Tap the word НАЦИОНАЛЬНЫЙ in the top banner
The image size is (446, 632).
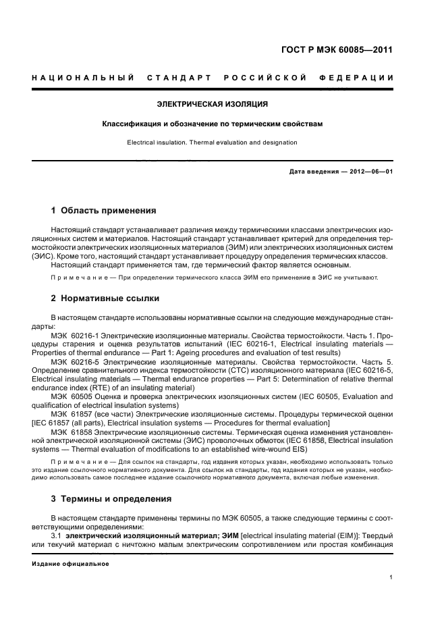point(82,78)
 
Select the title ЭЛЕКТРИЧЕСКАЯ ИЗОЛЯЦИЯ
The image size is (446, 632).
point(213,105)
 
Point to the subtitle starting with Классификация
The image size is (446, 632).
point(213,124)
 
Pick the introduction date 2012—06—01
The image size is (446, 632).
point(369,172)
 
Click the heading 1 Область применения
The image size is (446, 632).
point(104,211)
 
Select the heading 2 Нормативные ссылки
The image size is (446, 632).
point(106,298)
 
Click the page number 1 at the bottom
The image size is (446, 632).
point(391,577)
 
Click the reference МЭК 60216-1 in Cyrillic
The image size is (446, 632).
point(74,336)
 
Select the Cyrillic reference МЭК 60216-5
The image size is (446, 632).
point(74,363)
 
